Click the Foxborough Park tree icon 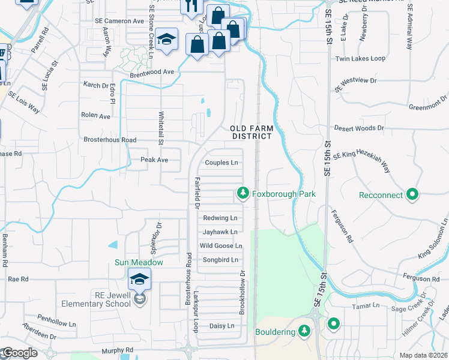point(243,193)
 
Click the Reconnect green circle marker point(412,194)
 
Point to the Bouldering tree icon point(304,331)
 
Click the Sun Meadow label point(139,262)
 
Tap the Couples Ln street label point(221,163)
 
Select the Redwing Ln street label point(220,218)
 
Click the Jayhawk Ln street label point(220,232)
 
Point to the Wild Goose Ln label point(220,246)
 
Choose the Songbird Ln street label point(219,260)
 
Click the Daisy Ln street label point(221,326)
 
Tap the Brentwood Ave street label point(152,72)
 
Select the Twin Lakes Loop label point(360,59)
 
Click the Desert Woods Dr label point(359,128)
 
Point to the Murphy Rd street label point(117,350)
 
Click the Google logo point(19,353)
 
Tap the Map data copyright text point(423,355)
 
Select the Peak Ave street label point(154,160)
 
